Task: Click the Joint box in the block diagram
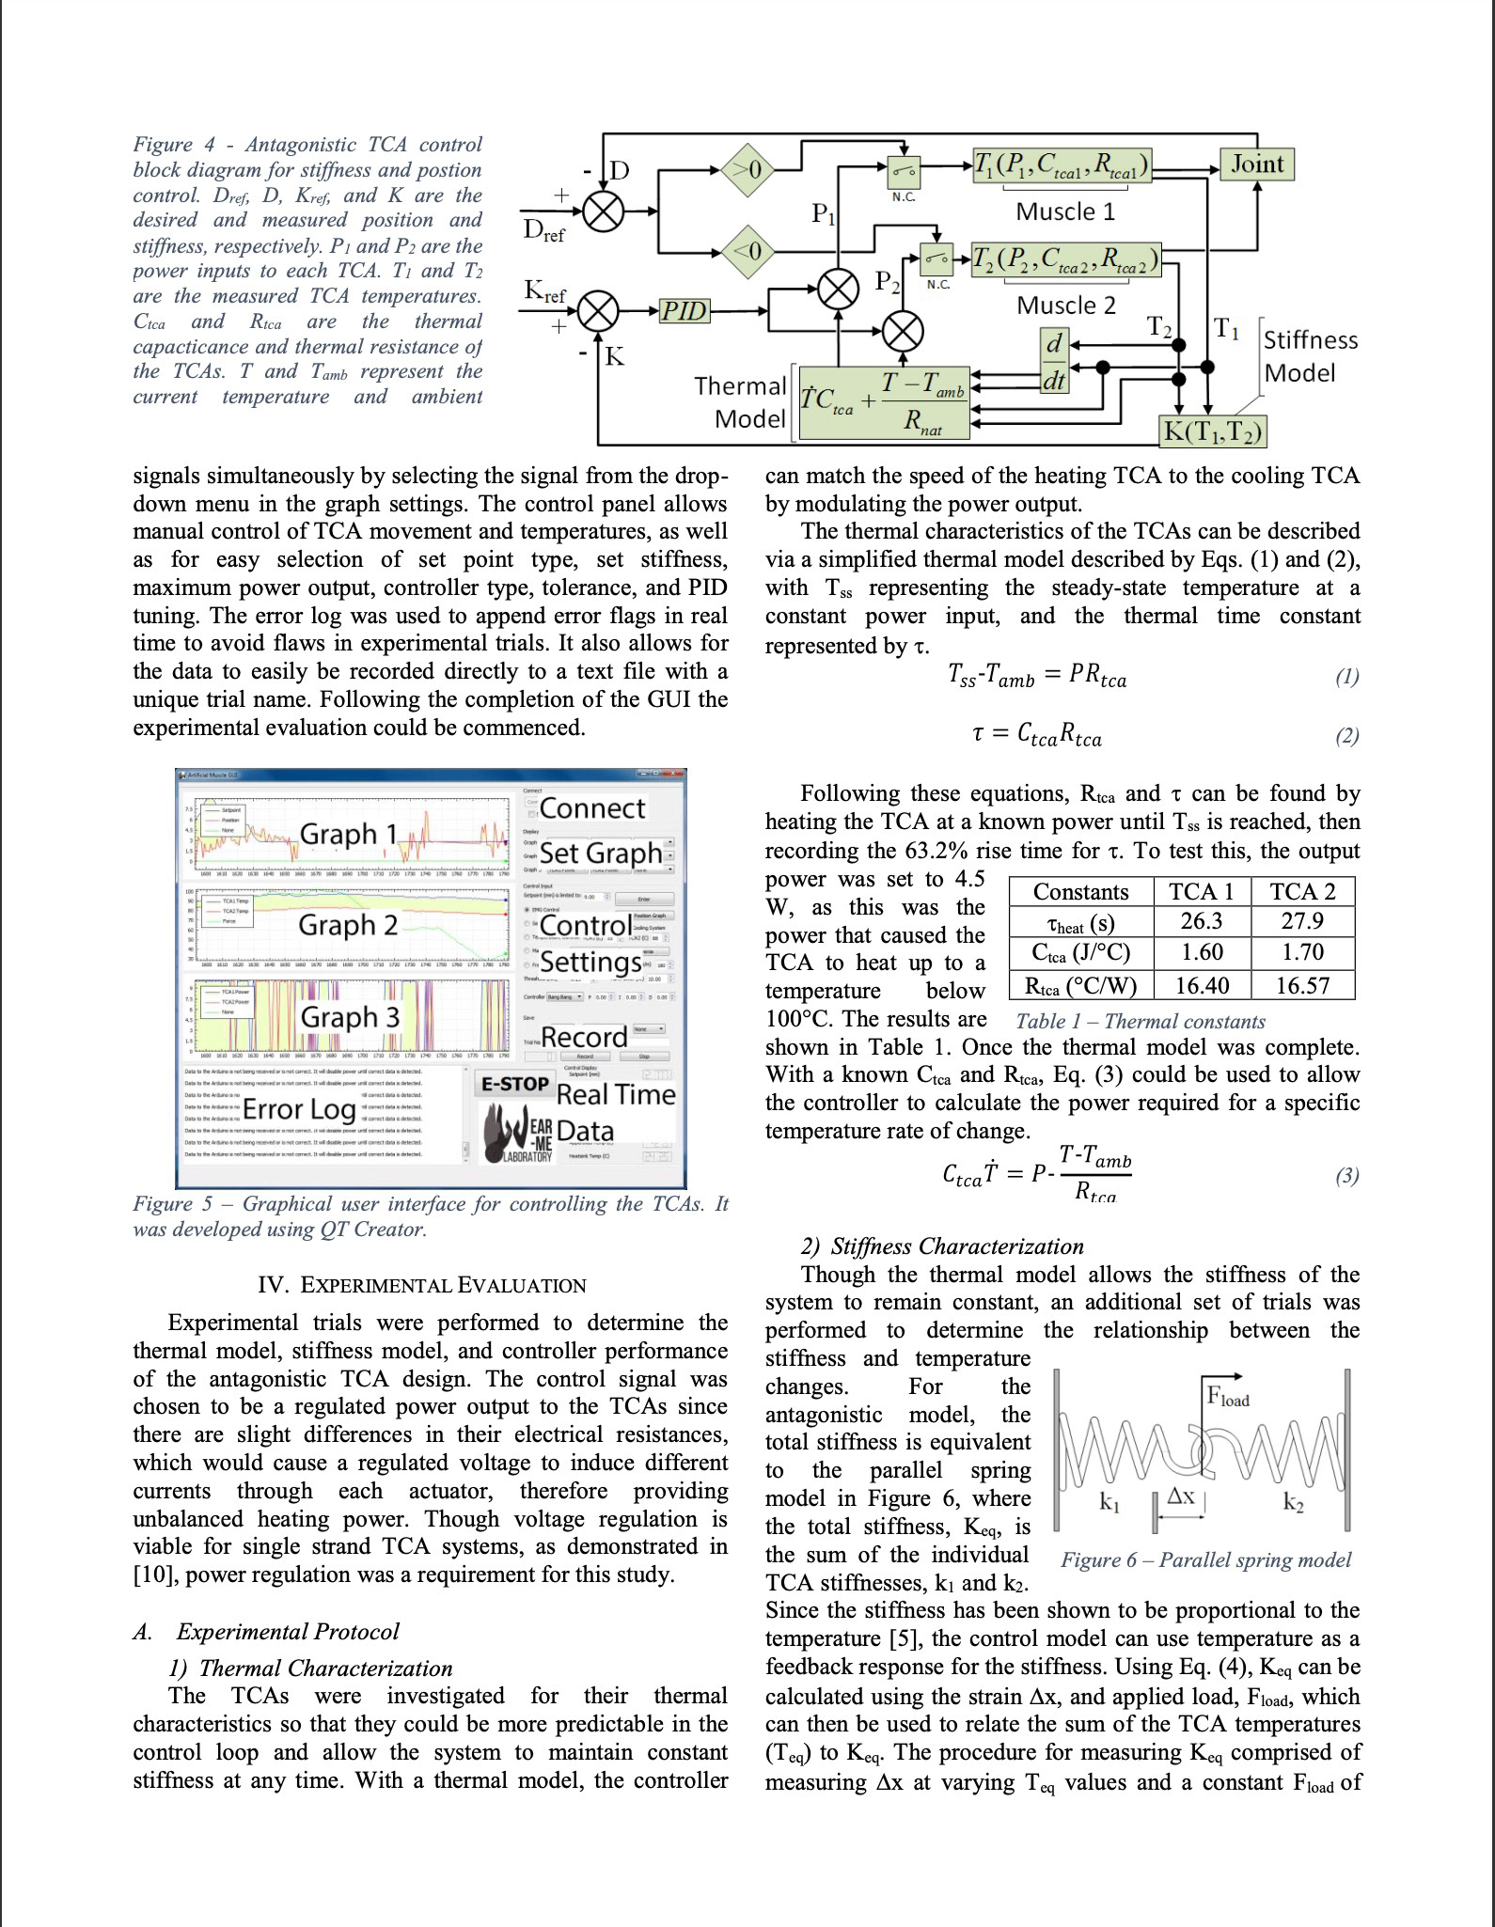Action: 1257,164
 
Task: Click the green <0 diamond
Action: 753,251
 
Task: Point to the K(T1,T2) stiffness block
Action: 1213,431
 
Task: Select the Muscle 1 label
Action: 1064,211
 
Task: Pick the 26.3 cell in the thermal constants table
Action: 1201,921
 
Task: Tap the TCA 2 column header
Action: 1302,891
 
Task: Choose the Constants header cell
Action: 1080,891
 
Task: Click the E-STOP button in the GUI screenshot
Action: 514,1084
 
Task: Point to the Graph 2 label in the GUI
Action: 348,926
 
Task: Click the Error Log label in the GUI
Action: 299,1109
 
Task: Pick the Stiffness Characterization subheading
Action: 956,1246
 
